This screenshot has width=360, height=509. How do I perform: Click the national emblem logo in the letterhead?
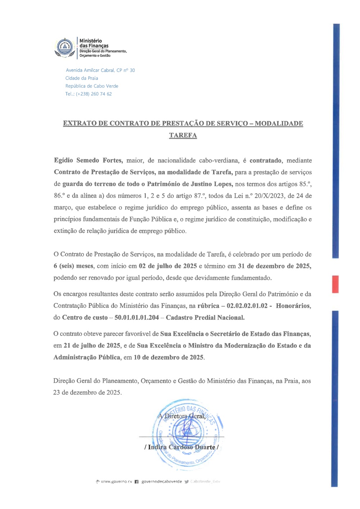click(65, 48)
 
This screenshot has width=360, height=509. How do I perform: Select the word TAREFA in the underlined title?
click(183, 135)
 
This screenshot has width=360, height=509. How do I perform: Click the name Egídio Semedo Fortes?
click(88, 161)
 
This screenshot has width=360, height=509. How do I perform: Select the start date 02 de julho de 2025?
click(168, 266)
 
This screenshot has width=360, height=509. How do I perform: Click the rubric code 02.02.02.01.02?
click(247, 306)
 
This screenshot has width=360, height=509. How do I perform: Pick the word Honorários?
click(293, 306)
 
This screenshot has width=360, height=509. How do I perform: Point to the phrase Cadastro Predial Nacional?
click(205, 317)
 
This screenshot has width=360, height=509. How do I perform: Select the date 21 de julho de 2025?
click(92, 346)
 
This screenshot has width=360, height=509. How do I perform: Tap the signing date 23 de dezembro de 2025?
click(87, 392)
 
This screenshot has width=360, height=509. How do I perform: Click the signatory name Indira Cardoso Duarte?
click(181, 447)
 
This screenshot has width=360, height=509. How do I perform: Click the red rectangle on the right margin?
click(335, 284)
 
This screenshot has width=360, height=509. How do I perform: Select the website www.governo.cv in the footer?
click(116, 482)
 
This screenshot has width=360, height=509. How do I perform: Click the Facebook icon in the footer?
click(136, 482)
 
